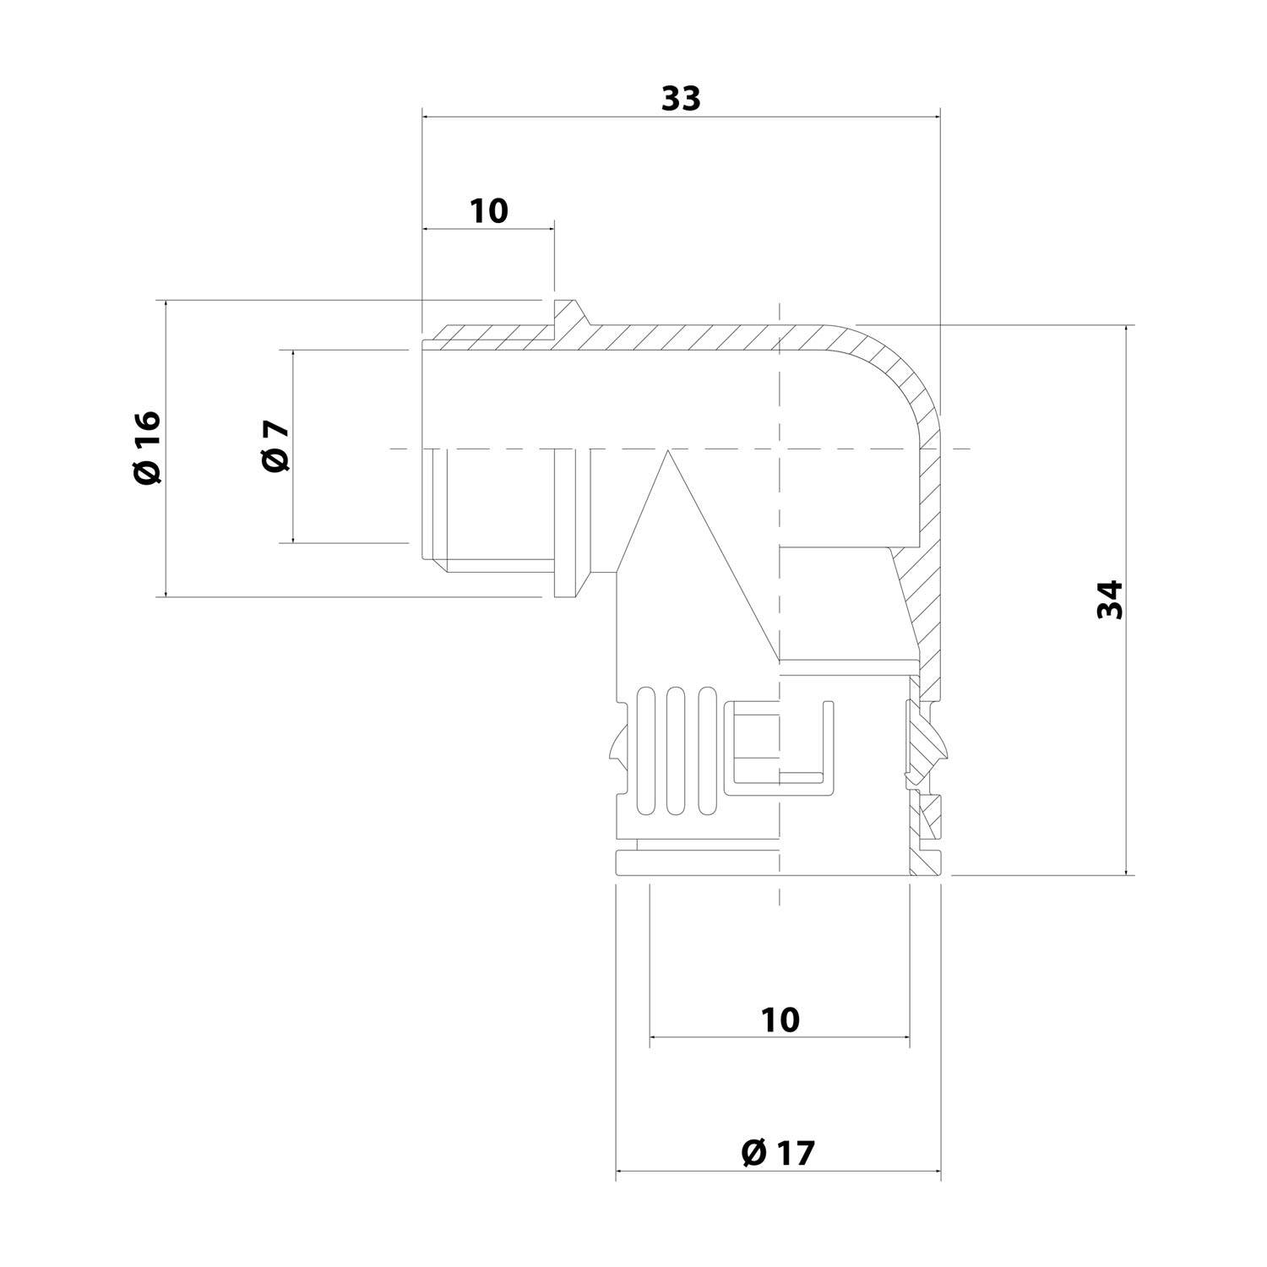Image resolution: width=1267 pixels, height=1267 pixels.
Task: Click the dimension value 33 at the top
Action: tap(681, 99)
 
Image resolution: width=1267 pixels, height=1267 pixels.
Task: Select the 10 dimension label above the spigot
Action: tap(489, 210)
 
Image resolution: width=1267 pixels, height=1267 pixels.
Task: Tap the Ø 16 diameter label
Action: tap(147, 448)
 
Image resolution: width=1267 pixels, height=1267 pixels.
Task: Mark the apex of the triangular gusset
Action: tap(667, 451)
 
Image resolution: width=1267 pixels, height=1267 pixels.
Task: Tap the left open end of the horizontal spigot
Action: tap(421, 448)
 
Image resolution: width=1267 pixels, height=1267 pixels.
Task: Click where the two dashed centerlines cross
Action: tap(779, 448)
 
